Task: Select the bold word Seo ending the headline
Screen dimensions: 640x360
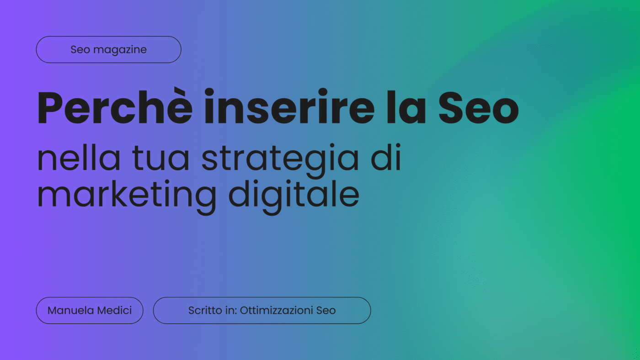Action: (x=479, y=107)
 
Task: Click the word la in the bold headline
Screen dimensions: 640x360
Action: (x=406, y=107)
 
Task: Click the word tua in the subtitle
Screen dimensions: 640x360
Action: (x=160, y=159)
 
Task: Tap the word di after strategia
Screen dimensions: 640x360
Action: (x=386, y=157)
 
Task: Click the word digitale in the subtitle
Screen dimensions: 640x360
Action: (x=293, y=197)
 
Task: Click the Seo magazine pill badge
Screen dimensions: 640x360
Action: (x=109, y=49)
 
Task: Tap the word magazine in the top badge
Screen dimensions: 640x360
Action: (x=120, y=50)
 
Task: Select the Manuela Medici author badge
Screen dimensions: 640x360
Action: (x=90, y=310)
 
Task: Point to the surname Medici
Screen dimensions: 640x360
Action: (x=115, y=310)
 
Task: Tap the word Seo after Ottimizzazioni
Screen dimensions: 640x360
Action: (x=326, y=311)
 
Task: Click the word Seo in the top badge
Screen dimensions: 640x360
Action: (x=80, y=50)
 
